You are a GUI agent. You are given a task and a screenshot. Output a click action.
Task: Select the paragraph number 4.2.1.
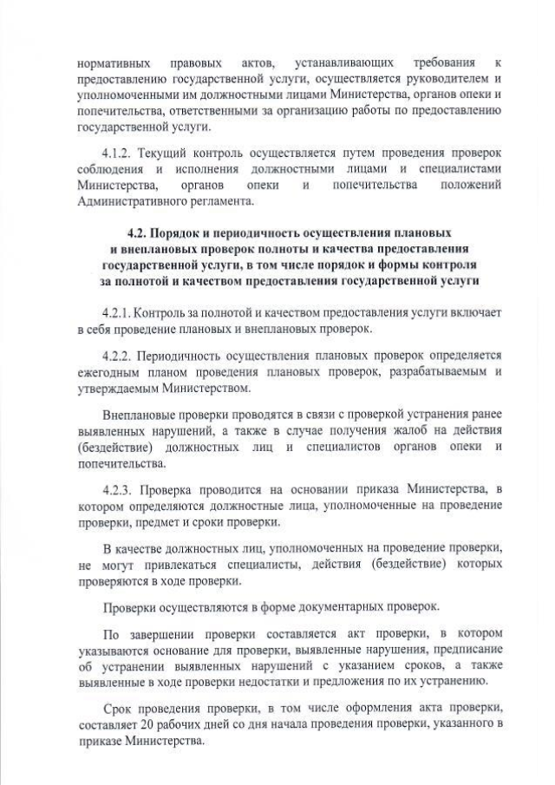pos(117,311)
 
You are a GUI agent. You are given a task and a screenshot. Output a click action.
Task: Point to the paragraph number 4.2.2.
pos(117,356)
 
